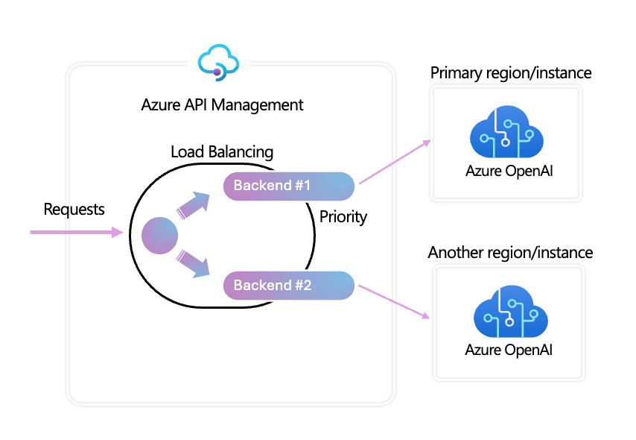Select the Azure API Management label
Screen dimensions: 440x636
[222, 104]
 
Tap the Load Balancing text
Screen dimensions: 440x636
[222, 151]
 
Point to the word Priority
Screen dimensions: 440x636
[343, 217]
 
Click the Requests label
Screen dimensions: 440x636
[74, 210]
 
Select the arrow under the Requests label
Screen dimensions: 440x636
[74, 233]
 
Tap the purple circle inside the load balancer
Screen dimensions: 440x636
[160, 236]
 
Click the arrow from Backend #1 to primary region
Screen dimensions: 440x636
[395, 161]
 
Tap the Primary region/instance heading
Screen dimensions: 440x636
[511, 73]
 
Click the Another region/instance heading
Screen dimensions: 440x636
[510, 253]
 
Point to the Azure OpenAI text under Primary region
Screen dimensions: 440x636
[509, 172]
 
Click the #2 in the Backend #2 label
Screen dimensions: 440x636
[302, 285]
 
